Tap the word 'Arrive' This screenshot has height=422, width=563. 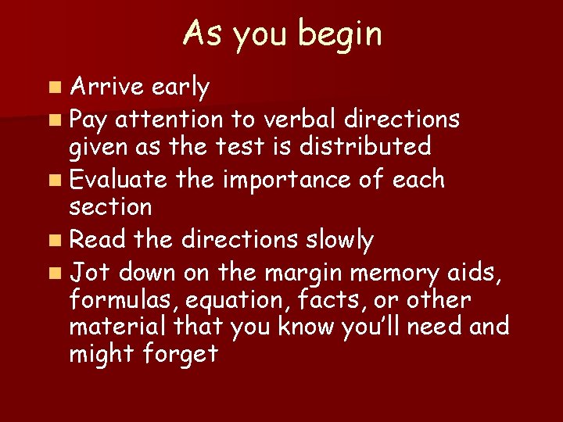tap(104, 88)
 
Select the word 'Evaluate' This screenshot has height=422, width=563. tap(118, 180)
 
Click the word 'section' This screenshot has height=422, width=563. tap(110, 207)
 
